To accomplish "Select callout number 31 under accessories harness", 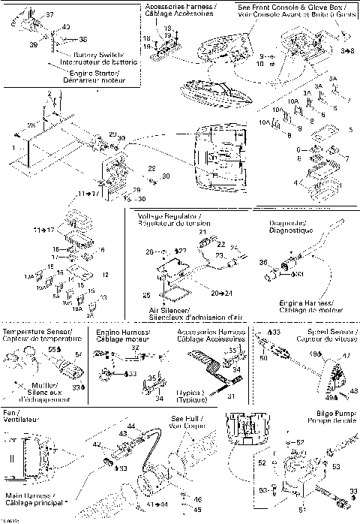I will click(x=231, y=396).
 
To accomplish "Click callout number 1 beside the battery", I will click(x=13, y=149).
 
